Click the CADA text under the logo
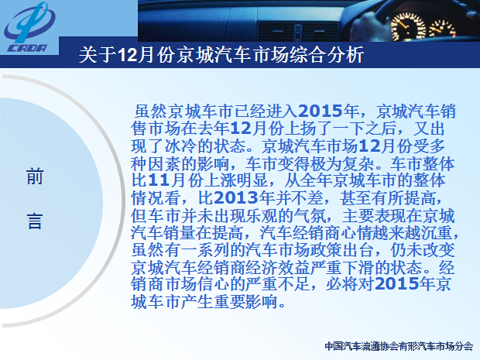(27, 48)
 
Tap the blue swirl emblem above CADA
(29, 22)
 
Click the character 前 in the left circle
(35, 177)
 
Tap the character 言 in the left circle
(35, 221)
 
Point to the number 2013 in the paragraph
(235, 197)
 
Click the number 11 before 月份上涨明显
(159, 180)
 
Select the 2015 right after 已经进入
(320, 111)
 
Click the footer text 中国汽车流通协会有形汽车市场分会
(399, 346)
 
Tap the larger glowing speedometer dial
(408, 27)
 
